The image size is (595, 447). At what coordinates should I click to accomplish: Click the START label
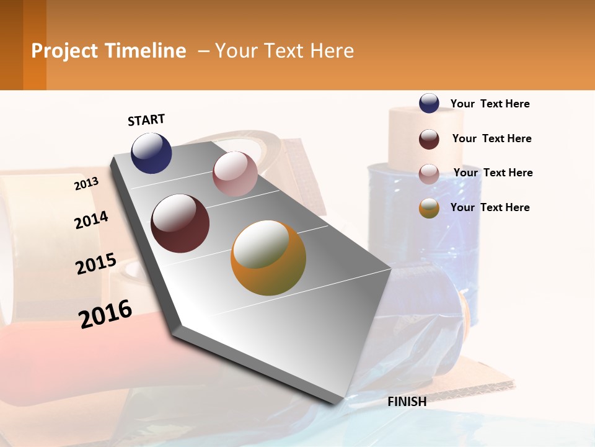146,120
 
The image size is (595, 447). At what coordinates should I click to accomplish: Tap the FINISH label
407,402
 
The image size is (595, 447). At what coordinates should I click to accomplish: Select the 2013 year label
87,184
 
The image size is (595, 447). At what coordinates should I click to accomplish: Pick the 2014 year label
91,220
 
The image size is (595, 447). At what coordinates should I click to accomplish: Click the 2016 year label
105,314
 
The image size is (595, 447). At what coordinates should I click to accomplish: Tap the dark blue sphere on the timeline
151,153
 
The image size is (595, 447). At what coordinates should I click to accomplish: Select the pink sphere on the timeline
235,174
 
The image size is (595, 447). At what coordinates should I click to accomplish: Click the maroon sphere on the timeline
180,223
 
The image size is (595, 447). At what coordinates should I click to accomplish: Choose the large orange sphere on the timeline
268,258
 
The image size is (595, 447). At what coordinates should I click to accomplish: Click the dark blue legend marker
429,103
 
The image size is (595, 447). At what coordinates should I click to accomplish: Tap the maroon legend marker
429,139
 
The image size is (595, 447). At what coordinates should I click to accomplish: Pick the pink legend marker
429,174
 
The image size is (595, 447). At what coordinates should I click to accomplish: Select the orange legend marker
429,208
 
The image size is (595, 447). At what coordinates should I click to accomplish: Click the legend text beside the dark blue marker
490,104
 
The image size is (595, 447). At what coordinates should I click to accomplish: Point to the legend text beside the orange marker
490,207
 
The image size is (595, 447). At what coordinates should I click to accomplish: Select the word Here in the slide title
332,51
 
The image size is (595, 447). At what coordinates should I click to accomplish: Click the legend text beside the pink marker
493,173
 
